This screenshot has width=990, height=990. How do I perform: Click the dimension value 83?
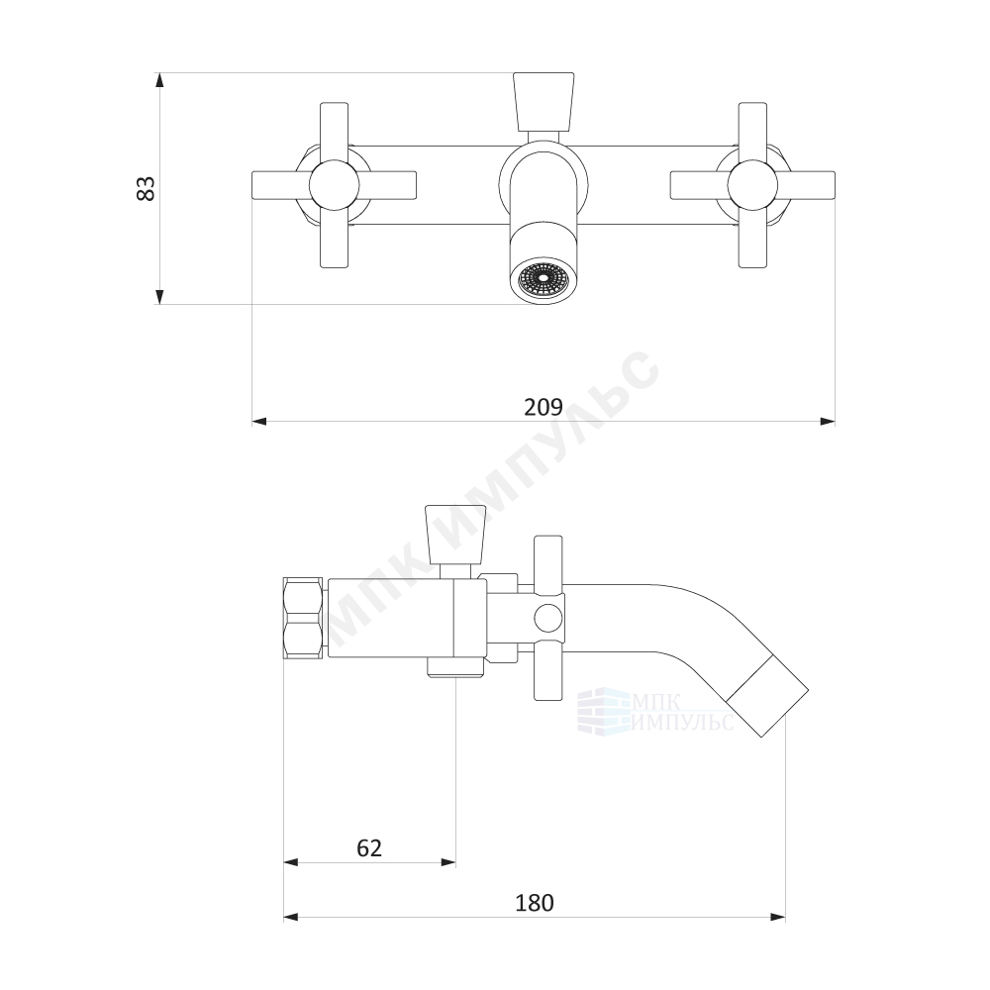point(146,188)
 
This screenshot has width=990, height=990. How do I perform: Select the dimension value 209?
point(543,407)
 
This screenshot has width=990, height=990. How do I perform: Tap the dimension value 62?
point(369,848)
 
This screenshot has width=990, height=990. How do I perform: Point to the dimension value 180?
point(535,903)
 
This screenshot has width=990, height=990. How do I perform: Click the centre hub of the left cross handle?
point(334,186)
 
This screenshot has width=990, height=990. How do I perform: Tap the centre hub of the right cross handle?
point(752,186)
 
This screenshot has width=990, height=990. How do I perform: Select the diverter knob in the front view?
point(544,102)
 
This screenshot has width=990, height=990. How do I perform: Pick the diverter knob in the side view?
point(455,535)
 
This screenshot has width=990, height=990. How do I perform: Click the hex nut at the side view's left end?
point(304,618)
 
